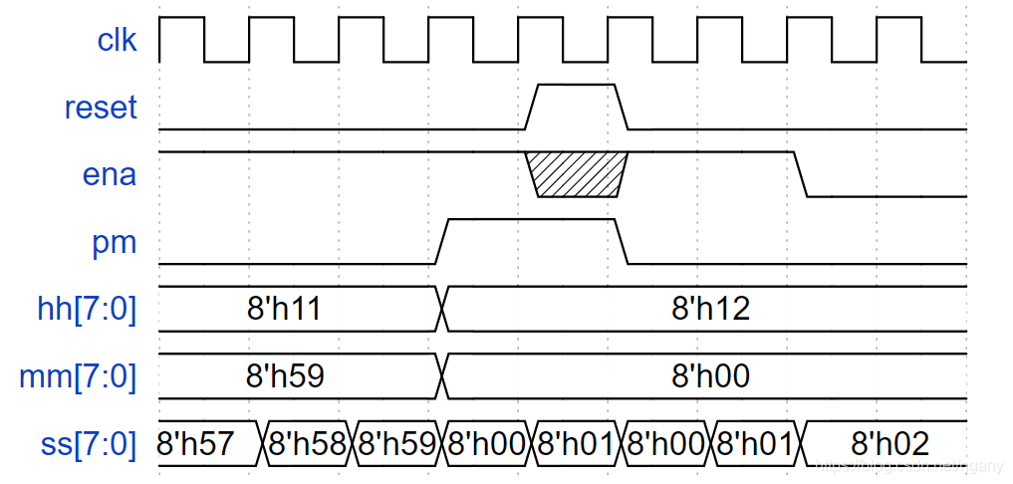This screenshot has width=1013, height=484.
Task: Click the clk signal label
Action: (117, 40)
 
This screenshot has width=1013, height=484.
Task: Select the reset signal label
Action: (100, 107)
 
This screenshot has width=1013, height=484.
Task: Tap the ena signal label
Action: (110, 174)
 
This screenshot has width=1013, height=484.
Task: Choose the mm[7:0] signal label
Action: (78, 376)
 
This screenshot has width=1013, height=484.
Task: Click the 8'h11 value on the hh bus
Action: (286, 309)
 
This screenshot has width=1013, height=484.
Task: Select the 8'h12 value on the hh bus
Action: (710, 309)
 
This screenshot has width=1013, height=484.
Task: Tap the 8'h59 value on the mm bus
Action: (286, 376)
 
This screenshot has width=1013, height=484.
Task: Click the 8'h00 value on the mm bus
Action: (710, 376)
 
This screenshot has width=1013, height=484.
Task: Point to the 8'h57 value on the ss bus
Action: (208, 443)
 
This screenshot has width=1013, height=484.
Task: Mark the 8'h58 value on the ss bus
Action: (307, 443)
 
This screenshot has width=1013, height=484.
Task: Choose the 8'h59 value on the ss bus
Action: (396, 443)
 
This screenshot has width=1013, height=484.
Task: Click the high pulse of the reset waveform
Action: (577, 87)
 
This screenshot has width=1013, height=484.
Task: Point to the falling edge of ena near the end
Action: (800, 174)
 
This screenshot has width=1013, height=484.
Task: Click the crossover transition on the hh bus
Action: (442, 309)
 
